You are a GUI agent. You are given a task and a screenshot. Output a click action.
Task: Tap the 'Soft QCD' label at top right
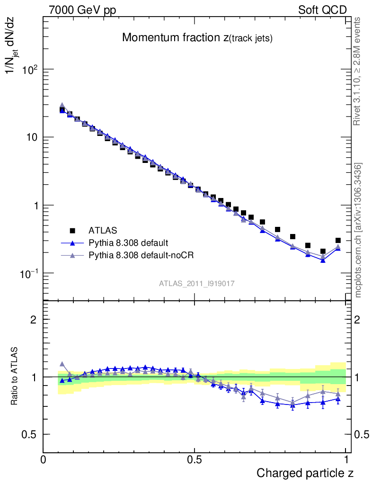[322, 10]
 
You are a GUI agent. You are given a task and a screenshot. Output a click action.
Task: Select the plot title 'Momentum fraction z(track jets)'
[197, 38]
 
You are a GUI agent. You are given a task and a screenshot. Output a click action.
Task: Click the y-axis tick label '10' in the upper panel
[31, 138]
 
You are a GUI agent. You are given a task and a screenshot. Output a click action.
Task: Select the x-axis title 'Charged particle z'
[305, 473]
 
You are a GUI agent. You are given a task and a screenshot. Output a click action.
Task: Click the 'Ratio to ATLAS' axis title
[15, 377]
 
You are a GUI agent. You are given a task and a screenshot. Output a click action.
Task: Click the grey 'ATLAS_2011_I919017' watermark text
[197, 283]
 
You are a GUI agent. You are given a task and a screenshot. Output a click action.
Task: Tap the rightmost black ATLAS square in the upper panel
[338, 241]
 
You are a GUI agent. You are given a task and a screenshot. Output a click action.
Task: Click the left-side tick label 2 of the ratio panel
[34, 320]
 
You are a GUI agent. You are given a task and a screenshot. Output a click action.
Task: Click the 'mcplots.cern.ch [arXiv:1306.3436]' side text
[358, 230]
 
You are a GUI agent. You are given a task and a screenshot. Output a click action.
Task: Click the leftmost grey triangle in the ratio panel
[62, 364]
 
